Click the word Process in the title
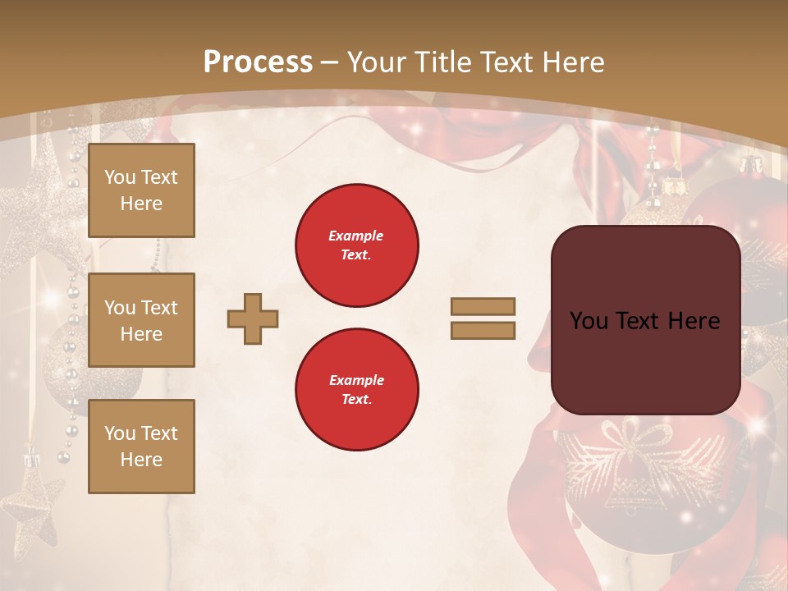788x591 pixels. (x=258, y=62)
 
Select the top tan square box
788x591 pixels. (x=141, y=190)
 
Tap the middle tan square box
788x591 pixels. (x=141, y=320)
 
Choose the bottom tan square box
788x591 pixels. (x=141, y=447)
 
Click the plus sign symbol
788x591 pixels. (x=253, y=318)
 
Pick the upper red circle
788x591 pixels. (x=357, y=245)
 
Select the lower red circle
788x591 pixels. (x=357, y=390)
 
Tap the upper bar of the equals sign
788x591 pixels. (x=483, y=306)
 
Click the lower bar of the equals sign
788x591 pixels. (x=483, y=330)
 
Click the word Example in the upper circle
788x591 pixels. (x=355, y=236)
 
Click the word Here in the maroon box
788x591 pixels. (x=694, y=321)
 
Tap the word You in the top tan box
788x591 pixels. (x=120, y=177)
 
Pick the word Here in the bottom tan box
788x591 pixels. (x=141, y=460)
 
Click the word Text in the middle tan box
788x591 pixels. (x=158, y=308)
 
